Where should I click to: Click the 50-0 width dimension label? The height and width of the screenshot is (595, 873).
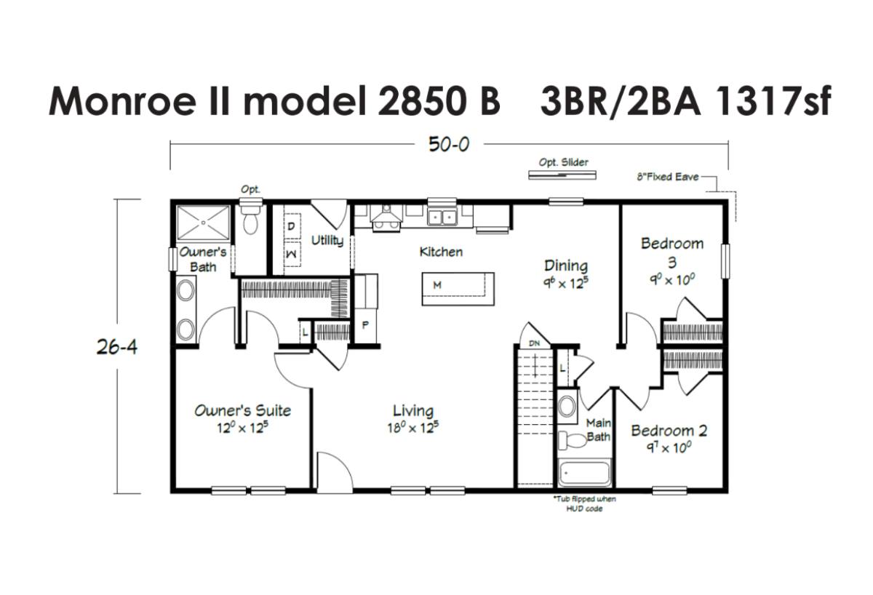[x=449, y=144]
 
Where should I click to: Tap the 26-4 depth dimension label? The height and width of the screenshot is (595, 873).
[x=117, y=346]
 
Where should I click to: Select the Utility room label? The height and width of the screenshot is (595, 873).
[x=327, y=241]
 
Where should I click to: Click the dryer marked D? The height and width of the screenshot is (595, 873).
[x=292, y=226]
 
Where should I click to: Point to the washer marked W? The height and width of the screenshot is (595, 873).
[x=292, y=254]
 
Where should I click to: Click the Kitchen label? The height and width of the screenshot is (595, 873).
[x=441, y=252]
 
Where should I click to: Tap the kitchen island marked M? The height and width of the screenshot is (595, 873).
[x=458, y=289]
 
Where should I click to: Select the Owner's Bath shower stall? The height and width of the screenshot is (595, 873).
[x=203, y=223]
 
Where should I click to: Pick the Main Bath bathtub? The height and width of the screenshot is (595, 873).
[x=584, y=473]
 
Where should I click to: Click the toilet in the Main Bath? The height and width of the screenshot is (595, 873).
[x=573, y=440]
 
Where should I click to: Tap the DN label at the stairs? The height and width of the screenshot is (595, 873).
[x=534, y=343]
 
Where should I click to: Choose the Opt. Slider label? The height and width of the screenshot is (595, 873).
[x=563, y=162]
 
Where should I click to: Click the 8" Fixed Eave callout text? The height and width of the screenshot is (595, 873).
[x=667, y=177]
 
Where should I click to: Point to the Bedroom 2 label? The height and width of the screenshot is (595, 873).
[x=669, y=431]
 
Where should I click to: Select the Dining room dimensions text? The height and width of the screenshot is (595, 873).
[x=565, y=283]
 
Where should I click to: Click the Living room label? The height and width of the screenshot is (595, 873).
[x=413, y=411]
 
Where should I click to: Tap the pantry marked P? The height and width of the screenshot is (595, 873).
[x=365, y=325]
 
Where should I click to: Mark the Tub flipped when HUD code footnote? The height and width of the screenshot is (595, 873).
[x=584, y=503]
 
